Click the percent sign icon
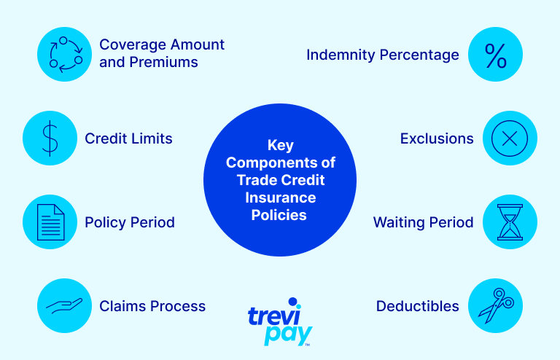coord(495,55)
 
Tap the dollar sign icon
coord(50,138)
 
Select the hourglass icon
coord(510,222)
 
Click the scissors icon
coord(496,305)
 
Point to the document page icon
coord(51,222)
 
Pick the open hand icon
coord(64,306)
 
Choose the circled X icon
coord(510,138)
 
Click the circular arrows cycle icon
coord(66,54)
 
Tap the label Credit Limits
coord(128,138)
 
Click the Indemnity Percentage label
coord(383,55)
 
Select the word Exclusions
coord(437,138)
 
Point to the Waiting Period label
coord(423,222)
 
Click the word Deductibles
coord(418,306)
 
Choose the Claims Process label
coord(152,306)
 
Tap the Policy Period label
coord(130,222)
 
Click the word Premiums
coord(163,62)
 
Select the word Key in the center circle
coord(281,146)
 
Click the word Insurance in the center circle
coord(280,197)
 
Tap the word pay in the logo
coord(288,334)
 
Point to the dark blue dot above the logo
coord(293,302)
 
